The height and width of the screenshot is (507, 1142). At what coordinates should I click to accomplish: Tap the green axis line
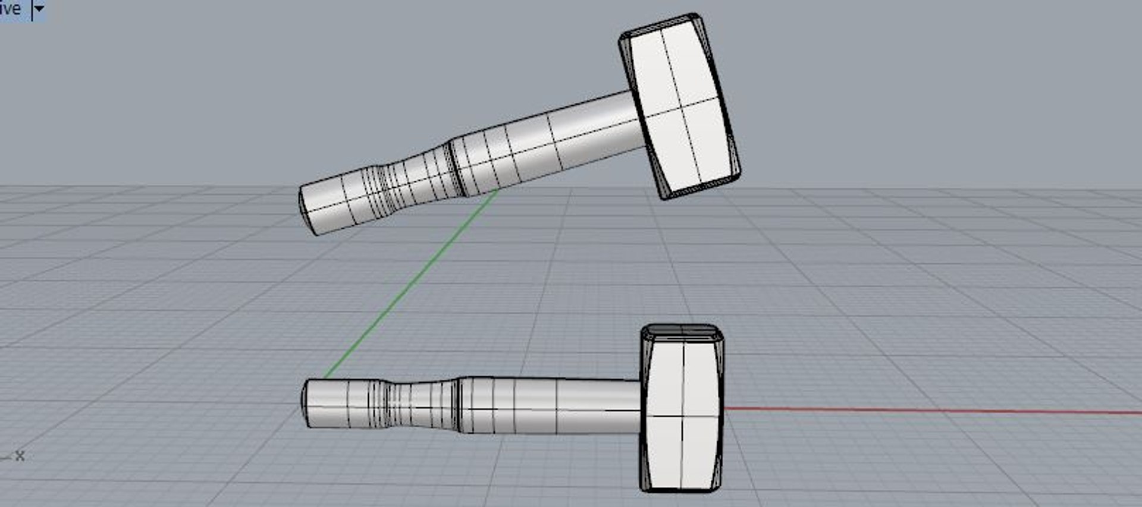click(x=410, y=285)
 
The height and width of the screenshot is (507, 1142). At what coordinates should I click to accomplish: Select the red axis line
click(x=928, y=411)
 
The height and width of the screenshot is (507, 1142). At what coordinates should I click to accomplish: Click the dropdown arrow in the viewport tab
click(x=39, y=9)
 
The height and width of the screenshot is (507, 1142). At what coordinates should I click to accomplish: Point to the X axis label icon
click(x=20, y=456)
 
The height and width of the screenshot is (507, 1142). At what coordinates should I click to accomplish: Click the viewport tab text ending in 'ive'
click(x=10, y=9)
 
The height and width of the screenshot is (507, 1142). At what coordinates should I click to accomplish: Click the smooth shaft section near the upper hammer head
click(x=595, y=128)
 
